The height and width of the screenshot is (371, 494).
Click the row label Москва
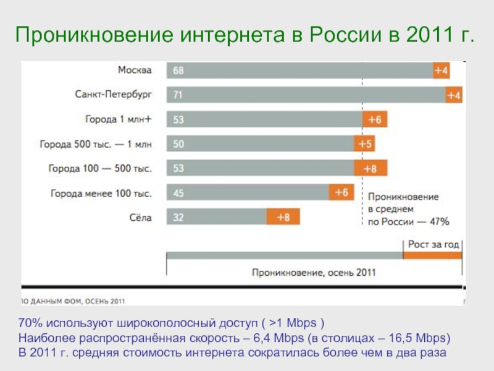coord(135,70)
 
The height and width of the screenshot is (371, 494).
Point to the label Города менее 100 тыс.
coord(101,193)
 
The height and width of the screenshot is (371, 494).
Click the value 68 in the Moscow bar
coord(178,70)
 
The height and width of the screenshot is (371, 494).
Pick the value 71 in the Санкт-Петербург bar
coord(178,95)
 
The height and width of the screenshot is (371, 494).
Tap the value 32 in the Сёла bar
coord(178,217)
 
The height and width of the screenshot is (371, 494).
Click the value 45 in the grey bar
coord(178,193)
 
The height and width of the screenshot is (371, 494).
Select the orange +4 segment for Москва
coord(441,70)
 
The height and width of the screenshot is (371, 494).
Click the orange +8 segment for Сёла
coord(283,217)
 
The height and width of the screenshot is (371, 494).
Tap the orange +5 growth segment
coord(364,144)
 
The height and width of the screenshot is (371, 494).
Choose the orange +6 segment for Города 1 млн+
coord(374,119)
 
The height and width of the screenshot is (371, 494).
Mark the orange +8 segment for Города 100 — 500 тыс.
coord(370,168)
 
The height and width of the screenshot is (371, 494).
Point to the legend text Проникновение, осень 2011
coord(314,271)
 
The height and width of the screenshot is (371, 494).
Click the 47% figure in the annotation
coord(440,221)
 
